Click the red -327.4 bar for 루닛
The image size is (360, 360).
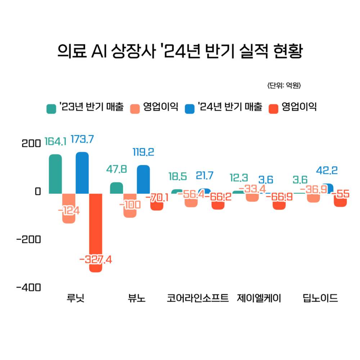[96, 230]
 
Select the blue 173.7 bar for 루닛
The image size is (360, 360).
[82, 173]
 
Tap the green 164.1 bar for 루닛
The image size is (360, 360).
[55, 174]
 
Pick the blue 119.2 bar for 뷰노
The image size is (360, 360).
[143, 179]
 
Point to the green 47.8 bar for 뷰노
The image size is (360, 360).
[116, 188]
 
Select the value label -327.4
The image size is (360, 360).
[96, 259]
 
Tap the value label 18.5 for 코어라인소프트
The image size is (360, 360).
[177, 176]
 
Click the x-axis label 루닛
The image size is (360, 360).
[75, 298]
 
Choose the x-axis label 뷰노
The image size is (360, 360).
[136, 298]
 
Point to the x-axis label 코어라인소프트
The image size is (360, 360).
[198, 298]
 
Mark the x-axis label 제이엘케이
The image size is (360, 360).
[259, 298]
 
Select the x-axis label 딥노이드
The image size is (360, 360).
[320, 298]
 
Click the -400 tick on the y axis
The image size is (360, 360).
[29, 288]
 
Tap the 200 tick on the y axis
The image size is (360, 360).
[31, 143]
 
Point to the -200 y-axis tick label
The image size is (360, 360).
[29, 239]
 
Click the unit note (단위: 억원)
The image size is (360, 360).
[284, 86]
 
